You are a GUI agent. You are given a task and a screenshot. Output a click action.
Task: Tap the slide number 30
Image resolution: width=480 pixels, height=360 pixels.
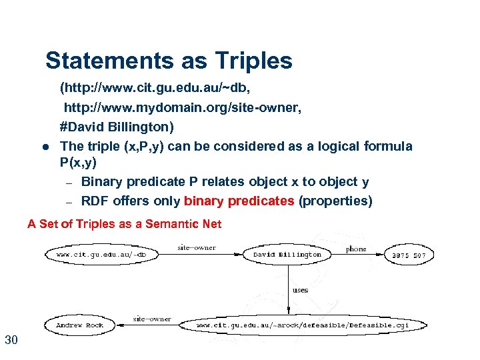(x=11, y=341)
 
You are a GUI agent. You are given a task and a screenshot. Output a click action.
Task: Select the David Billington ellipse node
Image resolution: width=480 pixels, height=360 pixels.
(x=287, y=254)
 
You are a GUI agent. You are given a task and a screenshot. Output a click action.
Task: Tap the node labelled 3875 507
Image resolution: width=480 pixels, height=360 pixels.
(x=409, y=255)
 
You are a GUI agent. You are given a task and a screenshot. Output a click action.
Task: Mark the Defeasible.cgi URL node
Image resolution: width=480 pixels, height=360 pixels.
(x=311, y=325)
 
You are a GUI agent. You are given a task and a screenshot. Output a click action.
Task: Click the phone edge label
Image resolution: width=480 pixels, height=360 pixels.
(x=356, y=249)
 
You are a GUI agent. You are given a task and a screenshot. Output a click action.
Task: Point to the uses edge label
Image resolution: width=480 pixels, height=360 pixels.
(x=300, y=289)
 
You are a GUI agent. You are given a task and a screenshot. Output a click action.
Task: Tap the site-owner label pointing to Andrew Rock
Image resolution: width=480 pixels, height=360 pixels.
(x=152, y=319)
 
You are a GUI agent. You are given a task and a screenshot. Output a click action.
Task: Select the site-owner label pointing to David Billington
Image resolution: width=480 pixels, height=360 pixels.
(x=197, y=247)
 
